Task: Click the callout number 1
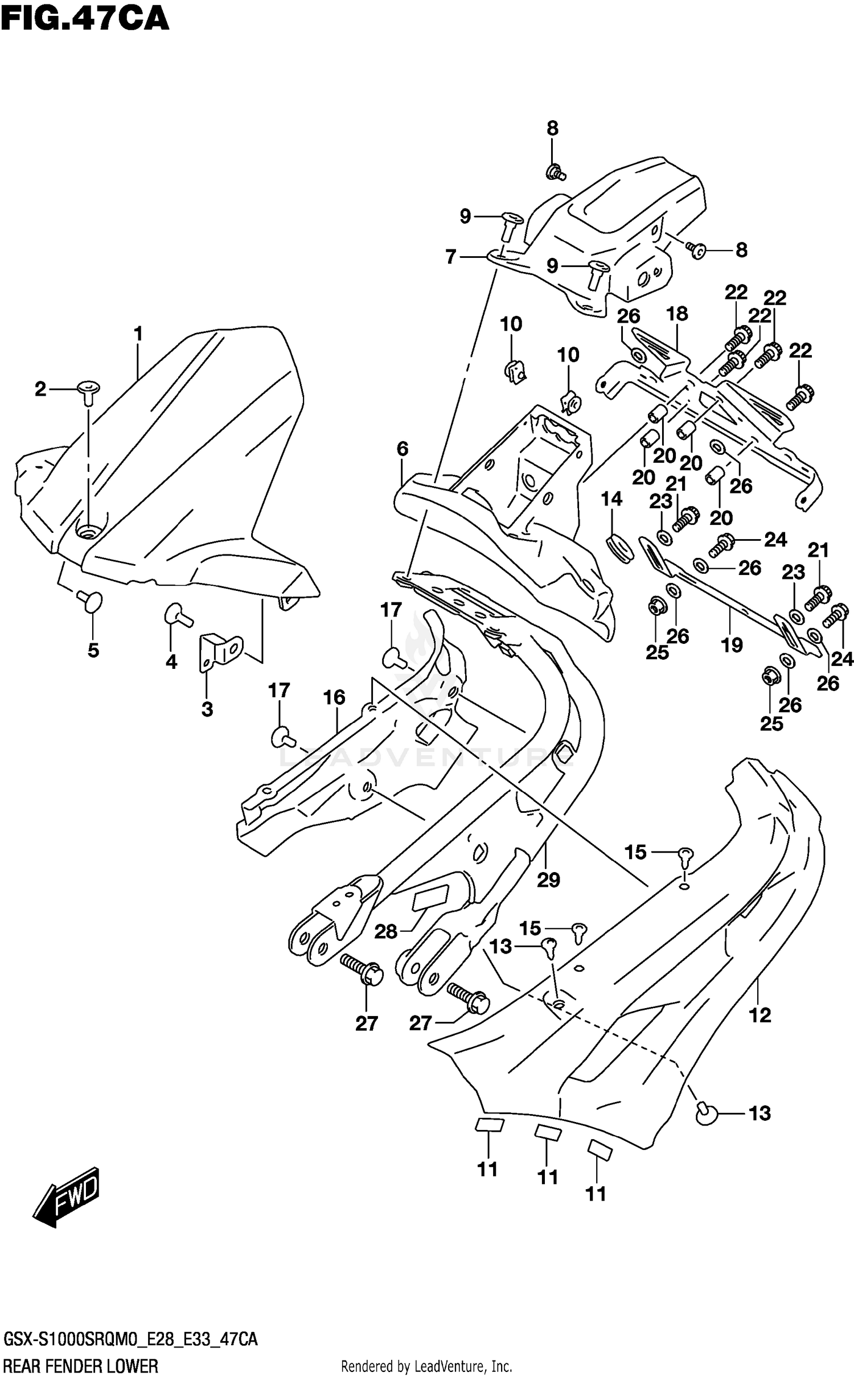click(138, 334)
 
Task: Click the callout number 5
click(93, 650)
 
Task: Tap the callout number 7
click(451, 257)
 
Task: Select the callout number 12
click(760, 1014)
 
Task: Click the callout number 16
click(335, 697)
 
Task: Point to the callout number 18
click(678, 314)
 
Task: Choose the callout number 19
click(732, 645)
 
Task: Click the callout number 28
click(385, 931)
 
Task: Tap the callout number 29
click(548, 879)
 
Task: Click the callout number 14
click(611, 499)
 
